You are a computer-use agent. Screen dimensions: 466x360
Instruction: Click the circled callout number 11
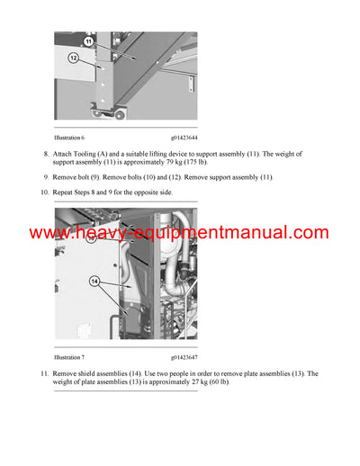(89, 41)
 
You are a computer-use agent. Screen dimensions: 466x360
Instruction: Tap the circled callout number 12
(73, 57)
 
